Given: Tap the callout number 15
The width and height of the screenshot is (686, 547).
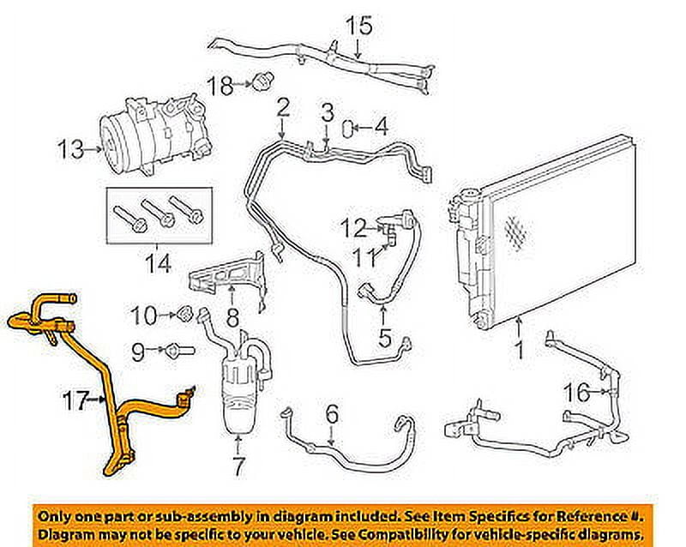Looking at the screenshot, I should click(359, 26).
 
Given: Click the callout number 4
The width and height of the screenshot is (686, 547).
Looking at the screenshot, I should click(380, 129).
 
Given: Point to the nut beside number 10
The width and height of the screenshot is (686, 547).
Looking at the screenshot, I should click(184, 314).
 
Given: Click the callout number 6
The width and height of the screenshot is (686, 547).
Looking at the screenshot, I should click(331, 414).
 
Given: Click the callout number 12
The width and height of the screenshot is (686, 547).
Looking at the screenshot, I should click(352, 228).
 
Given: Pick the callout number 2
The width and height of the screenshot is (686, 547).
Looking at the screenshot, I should click(282, 107).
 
